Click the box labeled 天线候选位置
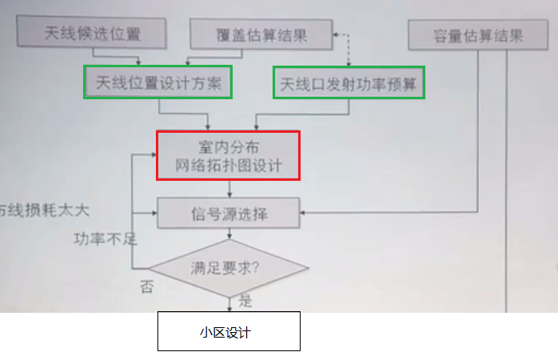[91, 32]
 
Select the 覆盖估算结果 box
[261, 34]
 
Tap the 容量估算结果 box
[478, 35]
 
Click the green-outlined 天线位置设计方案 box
[158, 82]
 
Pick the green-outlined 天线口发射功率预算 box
[349, 82]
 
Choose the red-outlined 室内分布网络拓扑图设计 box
[229, 156]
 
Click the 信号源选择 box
[229, 213]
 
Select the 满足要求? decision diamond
[229, 268]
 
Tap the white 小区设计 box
[229, 331]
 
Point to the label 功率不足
[106, 239]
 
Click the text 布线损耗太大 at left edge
[44, 210]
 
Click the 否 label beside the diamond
[147, 286]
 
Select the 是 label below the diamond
[245, 301]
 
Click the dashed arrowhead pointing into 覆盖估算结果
[336, 34]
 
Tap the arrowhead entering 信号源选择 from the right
[303, 213]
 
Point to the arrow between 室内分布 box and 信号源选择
[229, 189]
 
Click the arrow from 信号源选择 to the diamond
[229, 234]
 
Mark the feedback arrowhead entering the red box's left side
[153, 154]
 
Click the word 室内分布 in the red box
[229, 147]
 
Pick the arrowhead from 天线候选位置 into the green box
[138, 62]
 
